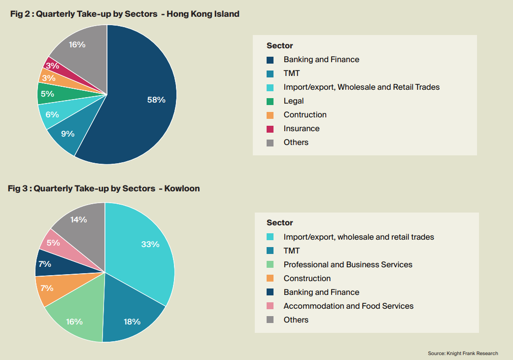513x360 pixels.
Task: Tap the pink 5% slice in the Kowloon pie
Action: tap(53, 243)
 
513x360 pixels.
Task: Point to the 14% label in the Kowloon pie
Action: tap(79, 220)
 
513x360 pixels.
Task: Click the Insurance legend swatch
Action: tap(270, 129)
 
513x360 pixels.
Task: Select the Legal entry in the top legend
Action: tap(294, 101)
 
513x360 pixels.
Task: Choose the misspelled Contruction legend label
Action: tap(305, 115)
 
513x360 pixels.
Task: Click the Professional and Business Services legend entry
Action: tap(348, 265)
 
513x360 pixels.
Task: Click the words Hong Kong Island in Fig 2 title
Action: tap(203, 14)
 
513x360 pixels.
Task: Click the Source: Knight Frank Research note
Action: tap(463, 353)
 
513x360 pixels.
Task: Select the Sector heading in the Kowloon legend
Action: tap(280, 223)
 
